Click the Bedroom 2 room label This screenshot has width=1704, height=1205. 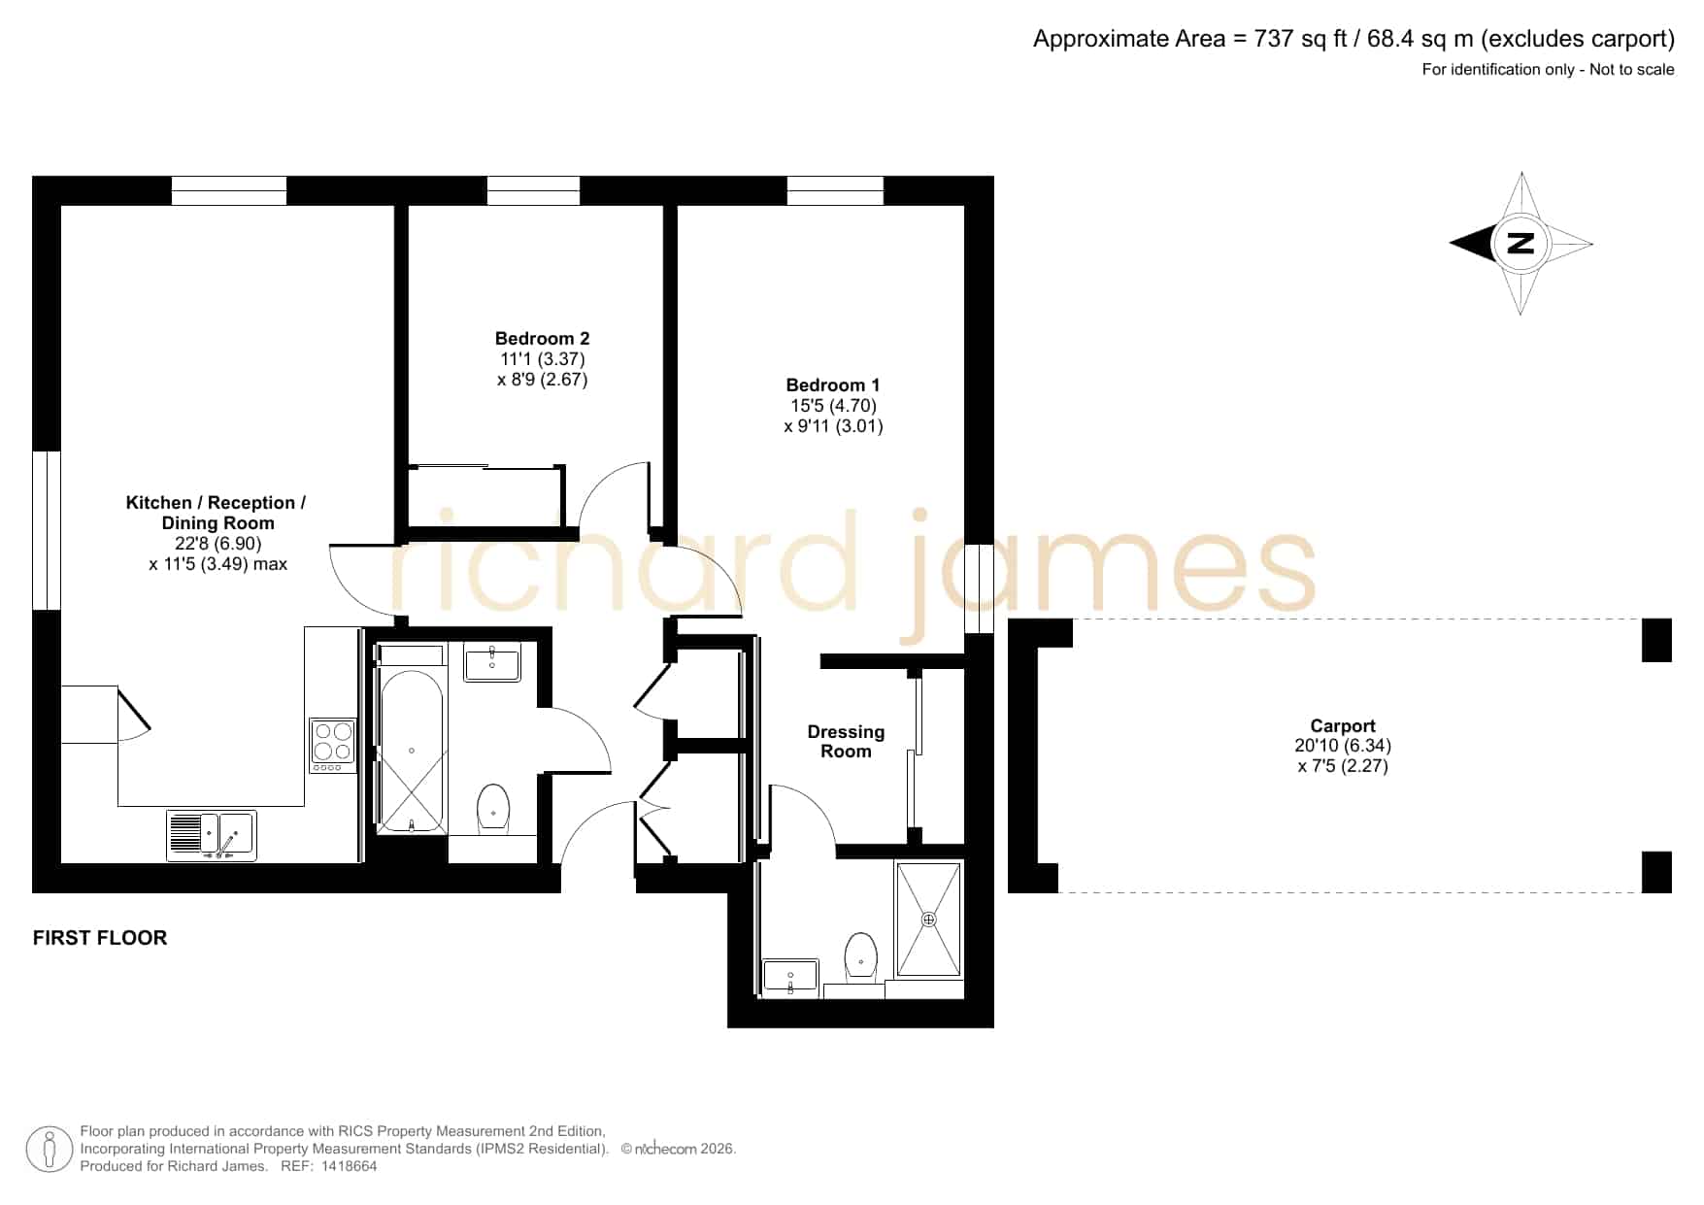click(x=542, y=339)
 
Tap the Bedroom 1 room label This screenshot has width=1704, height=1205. click(x=833, y=385)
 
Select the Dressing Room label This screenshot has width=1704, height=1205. click(x=846, y=741)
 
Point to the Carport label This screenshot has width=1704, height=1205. click(x=1343, y=725)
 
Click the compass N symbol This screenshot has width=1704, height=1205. click(x=1521, y=243)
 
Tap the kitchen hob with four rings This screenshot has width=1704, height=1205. click(x=333, y=745)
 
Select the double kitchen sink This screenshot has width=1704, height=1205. click(x=212, y=835)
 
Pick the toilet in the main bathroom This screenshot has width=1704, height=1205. click(x=493, y=809)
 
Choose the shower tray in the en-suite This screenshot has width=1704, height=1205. click(x=929, y=919)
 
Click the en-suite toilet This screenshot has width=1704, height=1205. click(x=861, y=957)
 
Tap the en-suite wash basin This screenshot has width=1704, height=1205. click(x=790, y=976)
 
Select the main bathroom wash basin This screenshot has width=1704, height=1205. click(x=492, y=662)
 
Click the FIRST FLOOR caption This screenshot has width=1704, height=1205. click(x=100, y=938)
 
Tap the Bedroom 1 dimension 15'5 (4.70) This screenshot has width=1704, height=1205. click(x=833, y=406)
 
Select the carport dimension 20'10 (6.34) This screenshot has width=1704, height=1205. click(x=1343, y=746)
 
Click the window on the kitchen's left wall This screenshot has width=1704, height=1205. click(x=47, y=530)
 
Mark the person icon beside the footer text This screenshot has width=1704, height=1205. click(x=49, y=1150)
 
